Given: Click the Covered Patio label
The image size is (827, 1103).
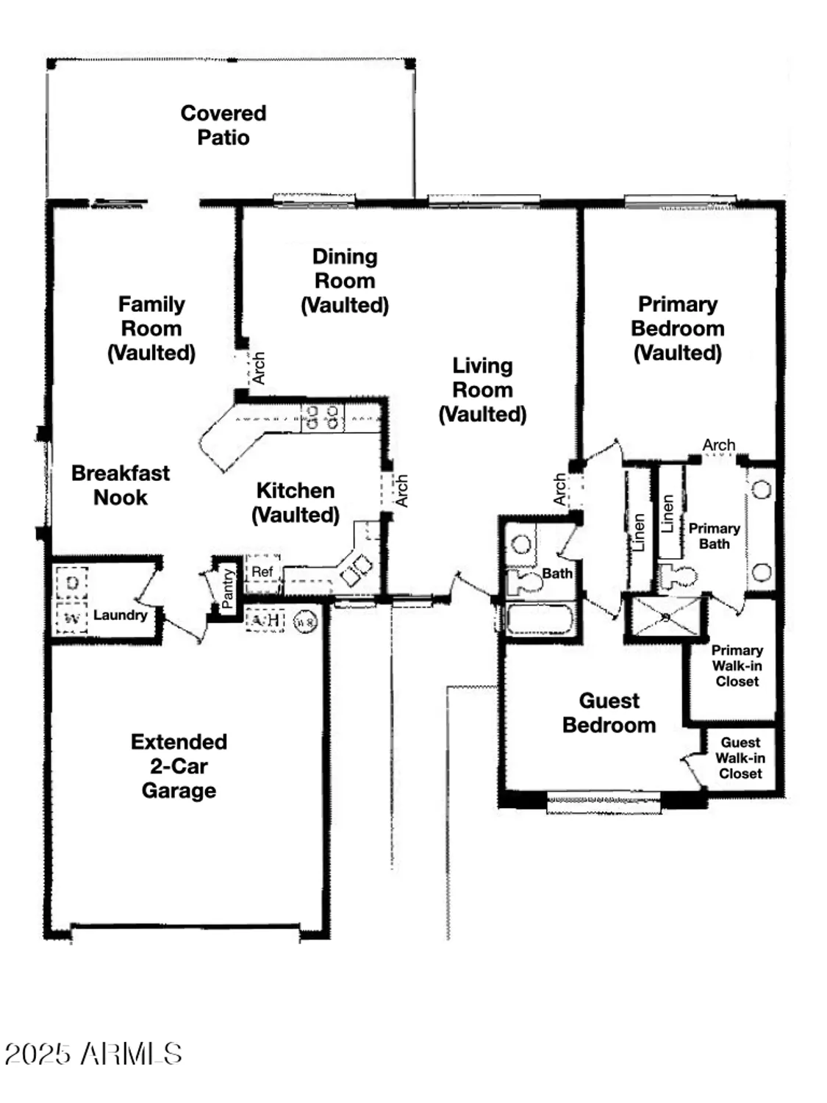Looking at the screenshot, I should click(x=223, y=125).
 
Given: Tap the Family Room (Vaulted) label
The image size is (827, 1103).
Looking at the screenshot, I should click(x=151, y=328).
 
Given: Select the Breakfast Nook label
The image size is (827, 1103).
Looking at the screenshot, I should click(x=121, y=485).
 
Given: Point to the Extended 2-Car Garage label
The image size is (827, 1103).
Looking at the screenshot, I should click(x=179, y=765).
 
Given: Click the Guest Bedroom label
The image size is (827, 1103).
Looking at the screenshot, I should click(x=609, y=713).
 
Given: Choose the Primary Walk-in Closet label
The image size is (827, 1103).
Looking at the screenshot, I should click(x=737, y=665).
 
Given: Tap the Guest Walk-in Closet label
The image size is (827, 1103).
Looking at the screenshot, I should click(x=740, y=758).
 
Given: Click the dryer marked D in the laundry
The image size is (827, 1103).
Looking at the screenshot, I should click(x=72, y=584).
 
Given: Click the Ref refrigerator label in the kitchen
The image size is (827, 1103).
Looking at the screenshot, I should click(x=262, y=572).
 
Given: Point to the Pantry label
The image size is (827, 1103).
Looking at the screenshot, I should click(x=227, y=588).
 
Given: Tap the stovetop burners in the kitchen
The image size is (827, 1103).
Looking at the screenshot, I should click(x=323, y=418).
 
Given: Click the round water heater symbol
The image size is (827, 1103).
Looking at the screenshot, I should click(x=305, y=622).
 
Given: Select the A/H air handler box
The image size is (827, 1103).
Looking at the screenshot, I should click(x=265, y=621).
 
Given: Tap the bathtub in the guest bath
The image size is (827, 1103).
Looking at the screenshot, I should click(x=540, y=619).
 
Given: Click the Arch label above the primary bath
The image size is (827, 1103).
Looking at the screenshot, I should click(x=718, y=445).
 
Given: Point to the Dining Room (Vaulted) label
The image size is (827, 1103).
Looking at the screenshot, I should click(x=345, y=281).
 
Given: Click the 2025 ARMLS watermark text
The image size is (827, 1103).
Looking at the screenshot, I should click(x=93, y=1054).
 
